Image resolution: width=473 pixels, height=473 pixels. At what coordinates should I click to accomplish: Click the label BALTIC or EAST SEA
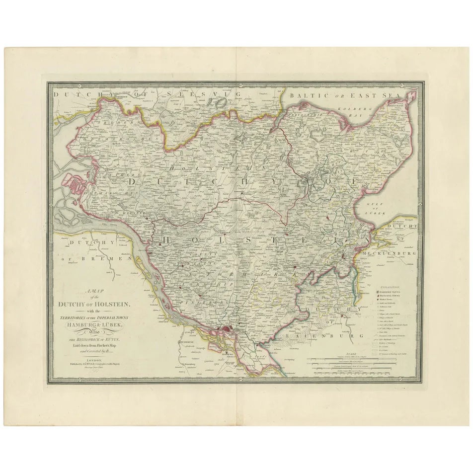tap(348, 94)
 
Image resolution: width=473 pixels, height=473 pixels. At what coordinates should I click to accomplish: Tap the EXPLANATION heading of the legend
tap(392, 287)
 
